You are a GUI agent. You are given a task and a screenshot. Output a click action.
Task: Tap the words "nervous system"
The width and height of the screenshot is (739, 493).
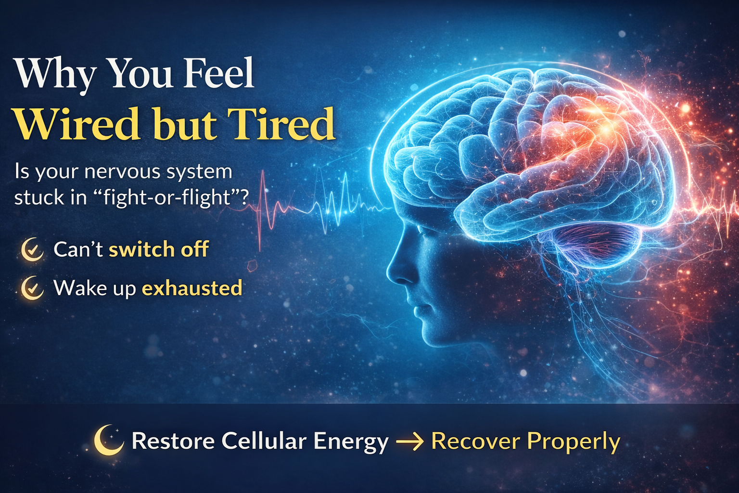(158, 171)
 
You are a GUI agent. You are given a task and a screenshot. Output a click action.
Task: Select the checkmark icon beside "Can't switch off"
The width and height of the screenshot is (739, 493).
(33, 249)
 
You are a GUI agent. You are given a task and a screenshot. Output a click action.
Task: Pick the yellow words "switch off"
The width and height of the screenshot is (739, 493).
(159, 249)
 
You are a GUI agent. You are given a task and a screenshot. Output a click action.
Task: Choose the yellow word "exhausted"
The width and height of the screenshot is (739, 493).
(192, 288)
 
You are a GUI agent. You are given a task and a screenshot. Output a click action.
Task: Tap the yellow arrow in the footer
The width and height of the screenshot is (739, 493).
(409, 441)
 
